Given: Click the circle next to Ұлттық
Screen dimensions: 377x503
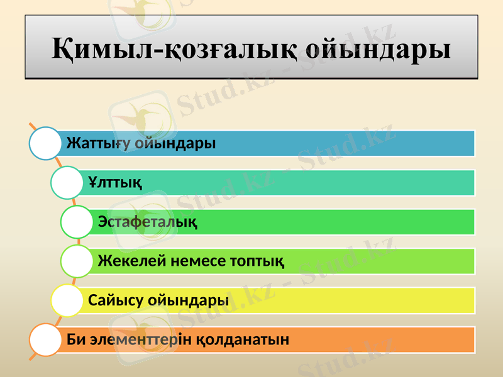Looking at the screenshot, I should (x=67, y=183).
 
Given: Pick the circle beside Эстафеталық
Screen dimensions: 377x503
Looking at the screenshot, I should (x=77, y=222).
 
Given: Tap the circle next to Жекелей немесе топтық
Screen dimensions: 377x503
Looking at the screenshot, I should (x=77, y=261).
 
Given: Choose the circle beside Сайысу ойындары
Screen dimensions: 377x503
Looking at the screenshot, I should (x=67, y=300).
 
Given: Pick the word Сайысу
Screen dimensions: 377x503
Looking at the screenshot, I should (x=115, y=300).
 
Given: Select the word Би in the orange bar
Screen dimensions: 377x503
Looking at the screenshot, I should (x=75, y=340).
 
